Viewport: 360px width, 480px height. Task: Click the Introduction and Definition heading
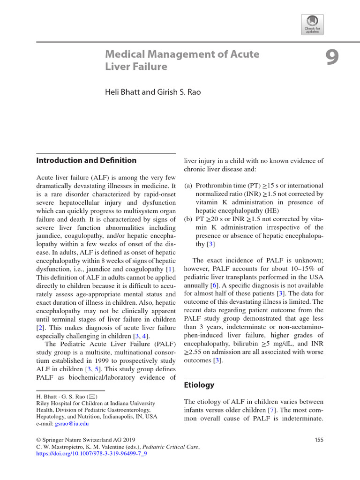[x=86, y=160]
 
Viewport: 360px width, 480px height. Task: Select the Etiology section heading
[x=199, y=385]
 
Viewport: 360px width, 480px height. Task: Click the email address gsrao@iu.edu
[x=72, y=423]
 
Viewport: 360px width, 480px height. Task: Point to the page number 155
[x=318, y=440]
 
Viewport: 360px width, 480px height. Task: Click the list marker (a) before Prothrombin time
[x=188, y=185]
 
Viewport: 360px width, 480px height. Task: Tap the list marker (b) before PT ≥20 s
[x=188, y=219]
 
